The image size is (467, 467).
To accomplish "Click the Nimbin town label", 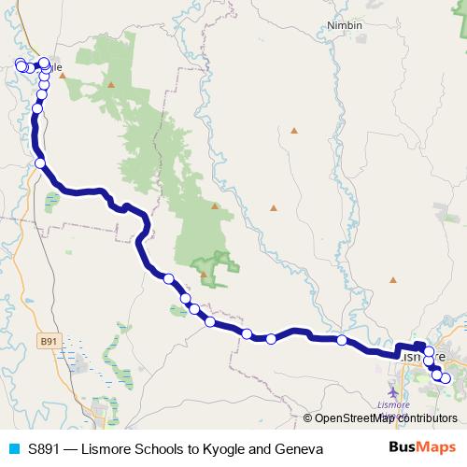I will pyautogui.click(x=345, y=26).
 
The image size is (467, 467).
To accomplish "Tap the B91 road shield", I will pyautogui.click(x=50, y=342).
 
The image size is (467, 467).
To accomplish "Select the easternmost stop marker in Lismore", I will pyautogui.click(x=445, y=377).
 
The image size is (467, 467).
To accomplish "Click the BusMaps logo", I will pyautogui.click(x=424, y=449).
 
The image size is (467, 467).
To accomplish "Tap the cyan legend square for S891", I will pyautogui.click(x=13, y=449).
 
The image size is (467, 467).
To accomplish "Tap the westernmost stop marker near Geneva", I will pyautogui.click(x=20, y=64).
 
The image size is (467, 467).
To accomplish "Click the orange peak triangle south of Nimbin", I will pyautogui.click(x=294, y=130).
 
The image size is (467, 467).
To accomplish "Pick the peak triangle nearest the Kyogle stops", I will pyautogui.click(x=111, y=85).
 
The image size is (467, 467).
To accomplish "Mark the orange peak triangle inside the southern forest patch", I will pyautogui.click(x=203, y=274).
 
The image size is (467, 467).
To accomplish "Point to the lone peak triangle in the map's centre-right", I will pyautogui.click(x=274, y=207).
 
